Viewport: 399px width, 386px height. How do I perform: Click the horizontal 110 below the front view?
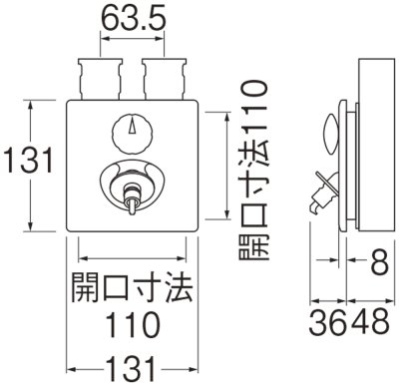[133, 323]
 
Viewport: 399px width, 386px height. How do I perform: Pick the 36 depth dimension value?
[324, 324]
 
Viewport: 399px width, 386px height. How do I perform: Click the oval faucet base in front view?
[135, 180]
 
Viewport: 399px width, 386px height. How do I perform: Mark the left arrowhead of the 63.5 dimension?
[102, 43]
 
